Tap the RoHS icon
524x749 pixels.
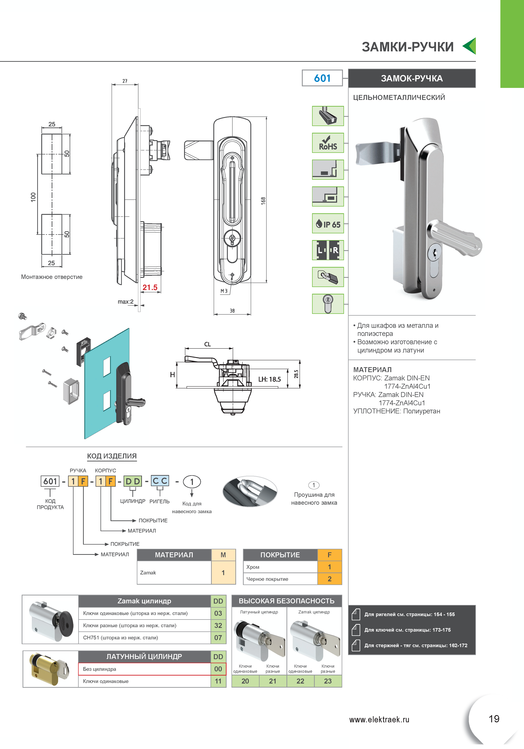pyautogui.click(x=328, y=143)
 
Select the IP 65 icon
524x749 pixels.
pyautogui.click(x=328, y=223)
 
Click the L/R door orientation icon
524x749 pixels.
pyautogui.click(x=328, y=250)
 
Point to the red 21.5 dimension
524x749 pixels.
pyautogui.click(x=150, y=287)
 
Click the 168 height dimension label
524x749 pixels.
pyautogui.click(x=263, y=201)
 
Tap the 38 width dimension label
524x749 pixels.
pyautogui.click(x=232, y=311)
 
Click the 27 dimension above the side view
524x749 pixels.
pyautogui.click(x=125, y=81)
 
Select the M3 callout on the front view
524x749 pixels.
pyautogui.click(x=224, y=291)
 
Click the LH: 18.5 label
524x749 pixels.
pyautogui.click(x=270, y=379)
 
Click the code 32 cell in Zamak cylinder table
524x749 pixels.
pyautogui.click(x=218, y=625)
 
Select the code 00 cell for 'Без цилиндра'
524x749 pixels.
pyautogui.click(x=218, y=669)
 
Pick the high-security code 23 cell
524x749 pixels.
pyautogui.click(x=328, y=681)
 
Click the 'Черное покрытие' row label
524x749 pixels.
pyautogui.click(x=267, y=579)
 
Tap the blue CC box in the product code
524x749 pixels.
pyautogui.click(x=160, y=481)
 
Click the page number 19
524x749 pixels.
pyautogui.click(x=494, y=719)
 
